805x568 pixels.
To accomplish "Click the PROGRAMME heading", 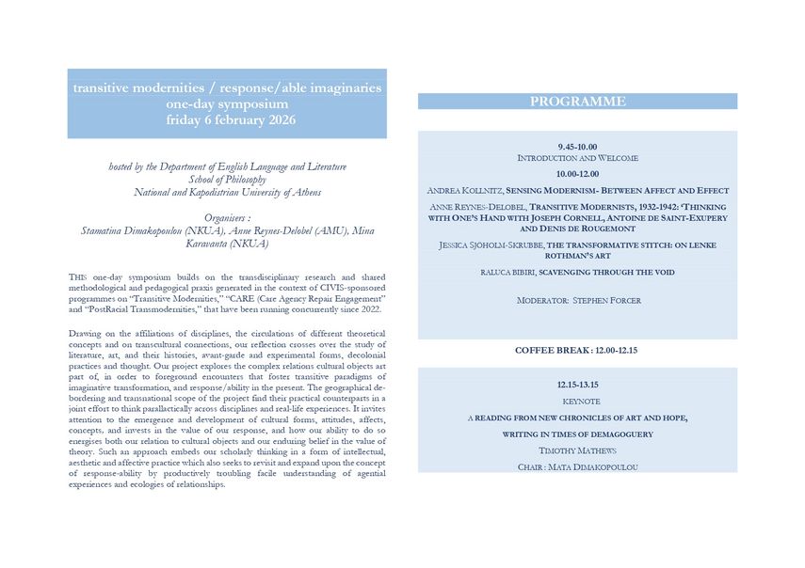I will (x=577, y=102).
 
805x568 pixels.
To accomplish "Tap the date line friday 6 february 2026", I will (x=227, y=120).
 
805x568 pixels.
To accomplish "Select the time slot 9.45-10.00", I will (x=577, y=147).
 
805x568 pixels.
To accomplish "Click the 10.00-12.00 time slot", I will (x=577, y=173).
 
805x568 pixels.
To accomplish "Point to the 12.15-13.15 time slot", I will (x=577, y=385).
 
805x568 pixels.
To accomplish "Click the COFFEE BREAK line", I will (x=577, y=350).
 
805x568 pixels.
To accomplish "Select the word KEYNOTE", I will (x=577, y=401).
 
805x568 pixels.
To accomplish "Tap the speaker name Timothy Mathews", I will (x=577, y=451).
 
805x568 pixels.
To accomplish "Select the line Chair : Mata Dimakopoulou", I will (x=577, y=467).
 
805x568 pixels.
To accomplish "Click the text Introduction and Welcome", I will (x=577, y=158).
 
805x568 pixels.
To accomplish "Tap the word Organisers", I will (x=225, y=216).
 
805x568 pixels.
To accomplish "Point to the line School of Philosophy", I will (x=227, y=180).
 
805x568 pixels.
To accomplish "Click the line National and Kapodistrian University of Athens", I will (x=227, y=192).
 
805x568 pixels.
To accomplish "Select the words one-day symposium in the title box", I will (x=227, y=104).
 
